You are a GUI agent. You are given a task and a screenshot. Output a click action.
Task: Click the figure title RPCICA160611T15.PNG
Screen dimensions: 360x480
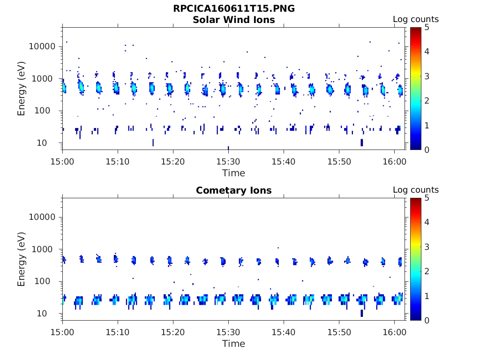point(233,8)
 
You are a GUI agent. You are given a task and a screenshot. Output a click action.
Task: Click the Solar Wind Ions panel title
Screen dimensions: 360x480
point(233,20)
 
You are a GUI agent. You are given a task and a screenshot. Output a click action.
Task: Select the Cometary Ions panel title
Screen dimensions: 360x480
point(233,190)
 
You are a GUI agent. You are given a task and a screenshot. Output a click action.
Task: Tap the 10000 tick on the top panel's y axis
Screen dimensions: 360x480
point(43,46)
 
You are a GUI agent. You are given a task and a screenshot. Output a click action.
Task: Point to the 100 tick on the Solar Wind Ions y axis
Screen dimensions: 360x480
point(48,111)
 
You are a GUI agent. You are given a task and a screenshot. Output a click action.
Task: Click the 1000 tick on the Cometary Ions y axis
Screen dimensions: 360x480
point(45,249)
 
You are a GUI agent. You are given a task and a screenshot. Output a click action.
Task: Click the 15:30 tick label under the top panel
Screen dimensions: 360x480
point(228,161)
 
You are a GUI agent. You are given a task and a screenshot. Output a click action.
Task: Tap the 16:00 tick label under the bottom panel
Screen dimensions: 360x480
point(394,332)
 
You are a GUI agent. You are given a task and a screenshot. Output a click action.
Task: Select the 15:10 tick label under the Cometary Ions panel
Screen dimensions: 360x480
point(118,332)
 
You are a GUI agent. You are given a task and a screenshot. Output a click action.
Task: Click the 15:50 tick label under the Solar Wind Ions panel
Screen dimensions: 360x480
point(339,161)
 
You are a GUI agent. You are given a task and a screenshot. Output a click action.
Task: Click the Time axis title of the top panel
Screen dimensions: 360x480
point(233,173)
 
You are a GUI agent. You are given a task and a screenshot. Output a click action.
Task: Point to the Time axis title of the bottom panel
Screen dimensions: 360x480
point(233,344)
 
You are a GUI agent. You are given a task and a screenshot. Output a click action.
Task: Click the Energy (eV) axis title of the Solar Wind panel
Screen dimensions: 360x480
point(22,89)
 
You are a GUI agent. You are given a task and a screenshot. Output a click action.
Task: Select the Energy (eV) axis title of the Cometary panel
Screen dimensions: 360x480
point(22,259)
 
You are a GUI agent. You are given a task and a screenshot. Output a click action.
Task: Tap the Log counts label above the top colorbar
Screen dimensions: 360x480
point(415,19)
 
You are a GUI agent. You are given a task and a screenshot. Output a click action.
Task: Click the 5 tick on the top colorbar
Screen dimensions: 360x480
point(427,27)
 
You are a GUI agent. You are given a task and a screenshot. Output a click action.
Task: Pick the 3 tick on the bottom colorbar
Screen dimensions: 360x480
point(427,247)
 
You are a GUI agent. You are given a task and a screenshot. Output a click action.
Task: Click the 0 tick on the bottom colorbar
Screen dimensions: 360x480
point(427,320)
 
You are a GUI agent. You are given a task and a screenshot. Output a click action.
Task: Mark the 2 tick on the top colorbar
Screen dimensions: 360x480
point(427,100)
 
